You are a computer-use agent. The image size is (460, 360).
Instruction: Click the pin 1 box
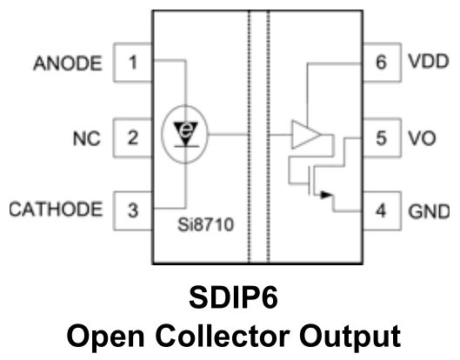[x=132, y=63]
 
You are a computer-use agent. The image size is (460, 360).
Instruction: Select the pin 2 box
[x=132, y=137]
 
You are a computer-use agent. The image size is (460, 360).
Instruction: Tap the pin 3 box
[x=132, y=210]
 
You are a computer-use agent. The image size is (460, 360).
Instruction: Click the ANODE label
[x=66, y=63]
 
